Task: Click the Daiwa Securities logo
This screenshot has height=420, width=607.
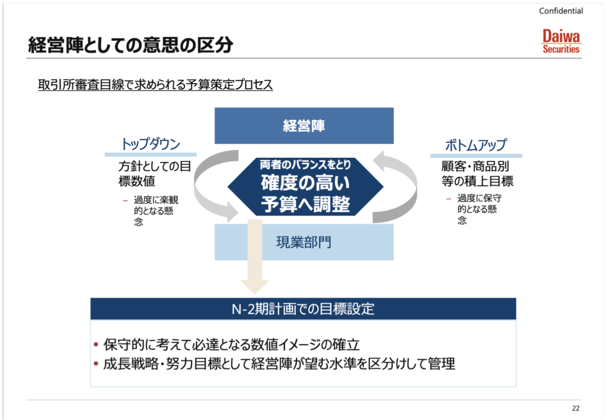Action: (x=561, y=42)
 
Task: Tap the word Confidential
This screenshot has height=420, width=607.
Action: (x=561, y=11)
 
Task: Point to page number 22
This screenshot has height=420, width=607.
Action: (x=576, y=408)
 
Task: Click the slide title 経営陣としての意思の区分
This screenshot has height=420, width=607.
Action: (x=130, y=44)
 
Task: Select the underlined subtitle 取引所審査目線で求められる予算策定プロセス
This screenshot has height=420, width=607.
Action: (x=155, y=84)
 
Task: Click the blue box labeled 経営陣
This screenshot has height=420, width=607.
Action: (x=304, y=126)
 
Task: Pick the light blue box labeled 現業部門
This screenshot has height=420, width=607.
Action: (x=304, y=242)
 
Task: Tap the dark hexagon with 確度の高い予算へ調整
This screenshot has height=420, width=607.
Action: (x=305, y=186)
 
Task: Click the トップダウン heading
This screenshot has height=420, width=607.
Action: (x=151, y=144)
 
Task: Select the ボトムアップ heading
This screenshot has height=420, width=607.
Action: (x=476, y=145)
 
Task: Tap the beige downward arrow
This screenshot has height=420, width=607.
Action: (x=255, y=256)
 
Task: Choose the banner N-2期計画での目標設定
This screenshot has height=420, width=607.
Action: (x=303, y=309)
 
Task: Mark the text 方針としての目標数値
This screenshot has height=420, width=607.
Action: (x=155, y=174)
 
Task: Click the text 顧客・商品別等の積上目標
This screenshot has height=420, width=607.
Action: (x=477, y=174)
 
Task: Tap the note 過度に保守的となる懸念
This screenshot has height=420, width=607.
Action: (x=479, y=209)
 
